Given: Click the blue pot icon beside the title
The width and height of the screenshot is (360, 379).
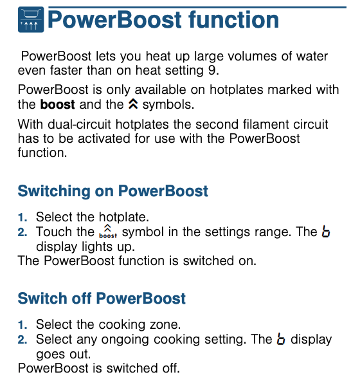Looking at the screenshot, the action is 31,19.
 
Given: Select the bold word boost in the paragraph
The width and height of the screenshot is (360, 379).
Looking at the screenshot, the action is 57,104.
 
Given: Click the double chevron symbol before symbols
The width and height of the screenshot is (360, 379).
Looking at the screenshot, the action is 133,104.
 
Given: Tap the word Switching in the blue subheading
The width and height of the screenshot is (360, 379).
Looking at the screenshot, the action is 54,191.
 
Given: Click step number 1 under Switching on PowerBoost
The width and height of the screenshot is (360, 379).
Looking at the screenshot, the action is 22,217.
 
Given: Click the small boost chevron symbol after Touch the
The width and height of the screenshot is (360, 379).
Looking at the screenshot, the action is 108,232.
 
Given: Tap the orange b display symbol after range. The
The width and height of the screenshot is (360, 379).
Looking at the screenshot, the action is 326,232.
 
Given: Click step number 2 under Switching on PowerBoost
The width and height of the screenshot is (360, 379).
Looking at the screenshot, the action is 22,232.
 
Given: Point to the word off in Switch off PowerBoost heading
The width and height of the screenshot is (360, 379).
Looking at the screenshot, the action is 82,299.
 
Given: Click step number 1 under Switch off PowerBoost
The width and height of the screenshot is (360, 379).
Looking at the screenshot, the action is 22,324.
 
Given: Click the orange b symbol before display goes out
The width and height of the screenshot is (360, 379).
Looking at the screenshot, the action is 281,339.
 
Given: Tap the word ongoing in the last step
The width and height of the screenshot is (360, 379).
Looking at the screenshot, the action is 125,340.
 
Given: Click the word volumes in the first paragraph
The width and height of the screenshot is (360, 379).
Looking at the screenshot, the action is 252,57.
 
